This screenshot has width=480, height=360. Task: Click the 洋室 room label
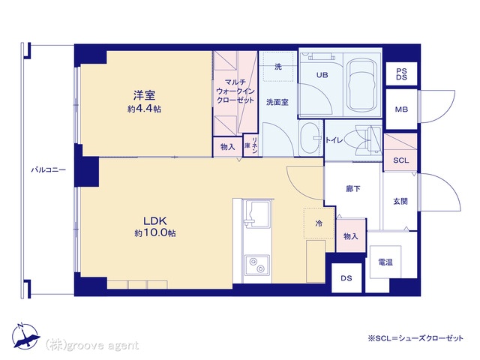144,95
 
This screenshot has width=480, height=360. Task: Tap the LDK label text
155,220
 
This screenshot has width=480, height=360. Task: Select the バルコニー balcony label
48,170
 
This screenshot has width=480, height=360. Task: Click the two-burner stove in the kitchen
256,265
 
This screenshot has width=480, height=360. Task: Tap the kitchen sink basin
256,214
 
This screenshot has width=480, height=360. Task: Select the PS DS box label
401,74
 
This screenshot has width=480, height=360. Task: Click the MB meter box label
401,109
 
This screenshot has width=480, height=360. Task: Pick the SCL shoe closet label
400,160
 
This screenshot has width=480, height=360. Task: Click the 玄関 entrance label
400,202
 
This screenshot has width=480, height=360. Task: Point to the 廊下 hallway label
353,189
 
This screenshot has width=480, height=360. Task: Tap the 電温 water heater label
385,262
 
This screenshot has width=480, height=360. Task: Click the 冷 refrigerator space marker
319,223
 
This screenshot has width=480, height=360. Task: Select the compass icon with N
25,336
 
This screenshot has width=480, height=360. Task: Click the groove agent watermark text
92,346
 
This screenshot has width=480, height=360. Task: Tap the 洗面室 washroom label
277,102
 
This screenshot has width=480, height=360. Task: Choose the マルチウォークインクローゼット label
235,91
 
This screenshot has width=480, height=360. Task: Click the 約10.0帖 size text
155,233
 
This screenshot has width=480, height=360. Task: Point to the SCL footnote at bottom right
415,338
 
